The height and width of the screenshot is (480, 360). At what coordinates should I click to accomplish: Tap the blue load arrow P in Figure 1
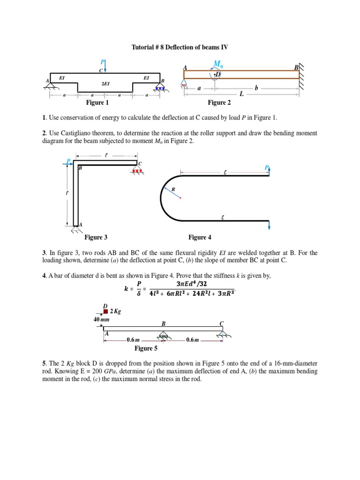pyautogui.click(x=105, y=66)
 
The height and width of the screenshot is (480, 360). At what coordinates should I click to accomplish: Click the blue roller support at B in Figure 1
pyautogui.click(x=160, y=87)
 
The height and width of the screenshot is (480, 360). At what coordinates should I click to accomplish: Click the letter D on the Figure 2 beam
pyautogui.click(x=218, y=75)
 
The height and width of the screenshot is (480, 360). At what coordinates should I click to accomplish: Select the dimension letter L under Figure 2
pyautogui.click(x=241, y=94)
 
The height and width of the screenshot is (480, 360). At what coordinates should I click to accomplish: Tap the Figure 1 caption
pyautogui.click(x=97, y=103)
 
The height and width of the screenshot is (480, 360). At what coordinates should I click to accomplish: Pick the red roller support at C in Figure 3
pyautogui.click(x=137, y=171)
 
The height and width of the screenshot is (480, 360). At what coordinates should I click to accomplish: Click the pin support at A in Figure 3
pyautogui.click(x=76, y=229)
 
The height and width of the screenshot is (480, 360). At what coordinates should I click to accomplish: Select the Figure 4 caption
pyautogui.click(x=200, y=238)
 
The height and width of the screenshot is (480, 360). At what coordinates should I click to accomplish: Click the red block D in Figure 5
pyautogui.click(x=106, y=311)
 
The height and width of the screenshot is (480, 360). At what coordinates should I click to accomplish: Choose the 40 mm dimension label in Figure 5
pyautogui.click(x=101, y=319)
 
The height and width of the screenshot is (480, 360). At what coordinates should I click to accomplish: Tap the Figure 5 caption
pyautogui.click(x=146, y=348)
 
